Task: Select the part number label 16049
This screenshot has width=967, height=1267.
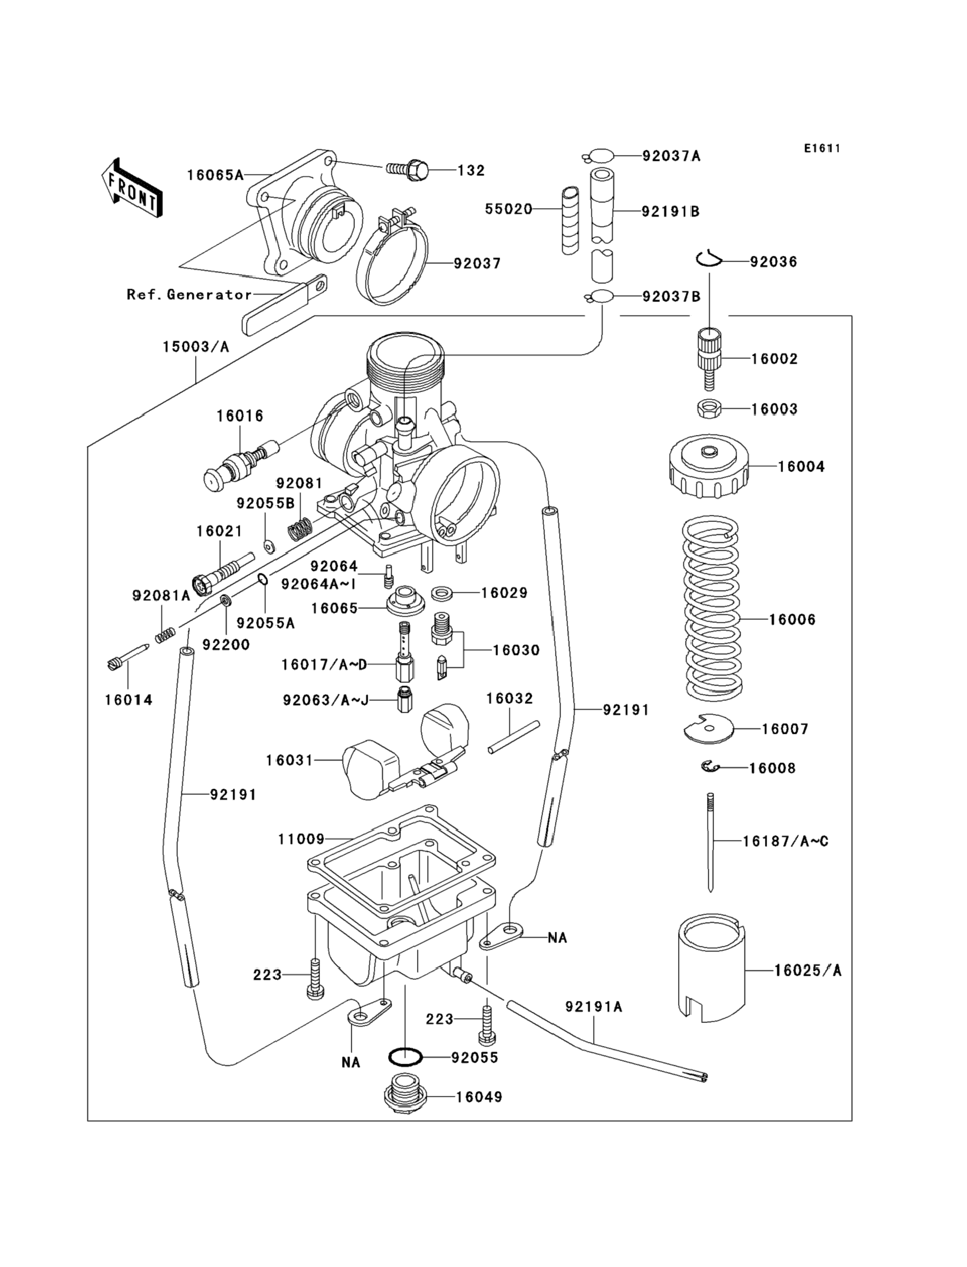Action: click(479, 1097)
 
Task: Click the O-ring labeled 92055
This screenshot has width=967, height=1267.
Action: click(405, 1057)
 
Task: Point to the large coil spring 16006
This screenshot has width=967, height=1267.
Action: click(711, 608)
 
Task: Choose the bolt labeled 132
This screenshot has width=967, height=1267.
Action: click(408, 170)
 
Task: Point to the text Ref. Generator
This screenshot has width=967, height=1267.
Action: click(189, 295)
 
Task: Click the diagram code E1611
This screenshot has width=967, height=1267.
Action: click(822, 149)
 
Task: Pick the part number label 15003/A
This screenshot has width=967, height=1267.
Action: click(196, 347)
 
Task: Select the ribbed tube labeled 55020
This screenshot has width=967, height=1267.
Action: click(570, 220)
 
